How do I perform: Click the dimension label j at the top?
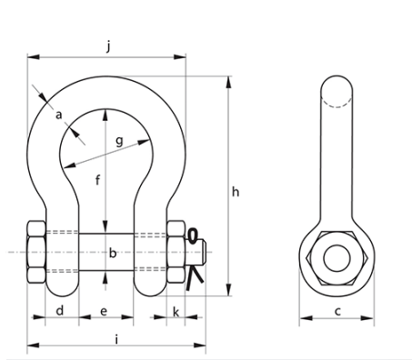(108, 45)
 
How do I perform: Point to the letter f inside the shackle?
(96, 179)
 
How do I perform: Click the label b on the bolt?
(113, 254)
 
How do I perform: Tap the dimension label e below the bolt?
(105, 312)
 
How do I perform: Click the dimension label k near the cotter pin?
(176, 312)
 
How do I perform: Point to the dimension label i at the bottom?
(117, 338)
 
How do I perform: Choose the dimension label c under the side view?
(337, 312)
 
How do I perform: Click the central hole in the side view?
(337, 255)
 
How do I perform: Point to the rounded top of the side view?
(337, 88)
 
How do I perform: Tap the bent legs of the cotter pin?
(190, 281)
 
